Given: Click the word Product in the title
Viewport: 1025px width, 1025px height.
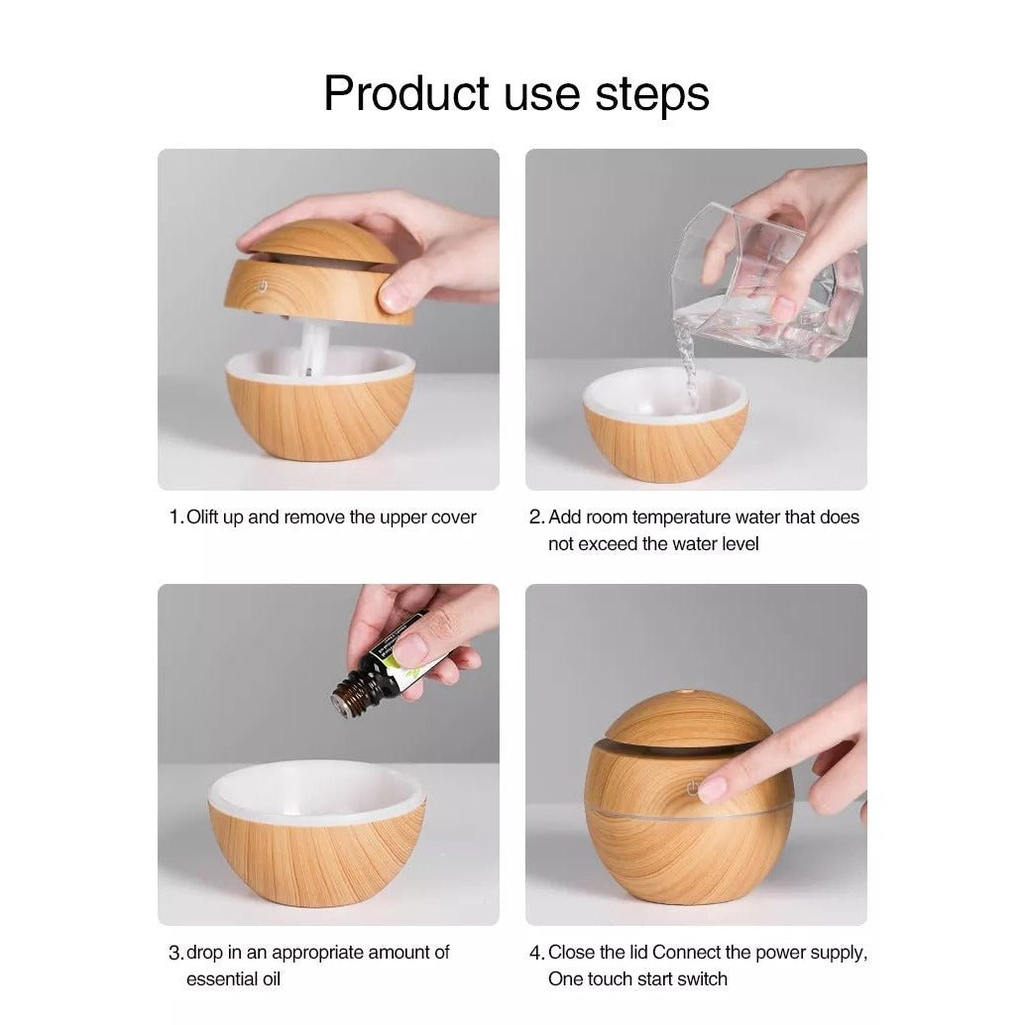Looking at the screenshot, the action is [406, 93].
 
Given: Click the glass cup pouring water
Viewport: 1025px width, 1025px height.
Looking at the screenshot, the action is [768, 282].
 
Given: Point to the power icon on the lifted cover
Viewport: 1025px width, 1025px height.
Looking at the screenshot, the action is [262, 286].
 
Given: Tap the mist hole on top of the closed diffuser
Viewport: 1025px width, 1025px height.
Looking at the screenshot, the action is [688, 691].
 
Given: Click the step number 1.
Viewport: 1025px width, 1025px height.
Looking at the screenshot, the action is [174, 517].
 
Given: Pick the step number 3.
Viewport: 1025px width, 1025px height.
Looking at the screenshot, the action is [175, 953].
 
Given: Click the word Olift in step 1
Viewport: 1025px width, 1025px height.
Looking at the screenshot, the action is [202, 517].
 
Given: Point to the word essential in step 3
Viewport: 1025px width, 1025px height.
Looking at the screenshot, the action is [214, 979].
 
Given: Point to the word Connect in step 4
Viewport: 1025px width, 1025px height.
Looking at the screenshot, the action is [684, 953].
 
